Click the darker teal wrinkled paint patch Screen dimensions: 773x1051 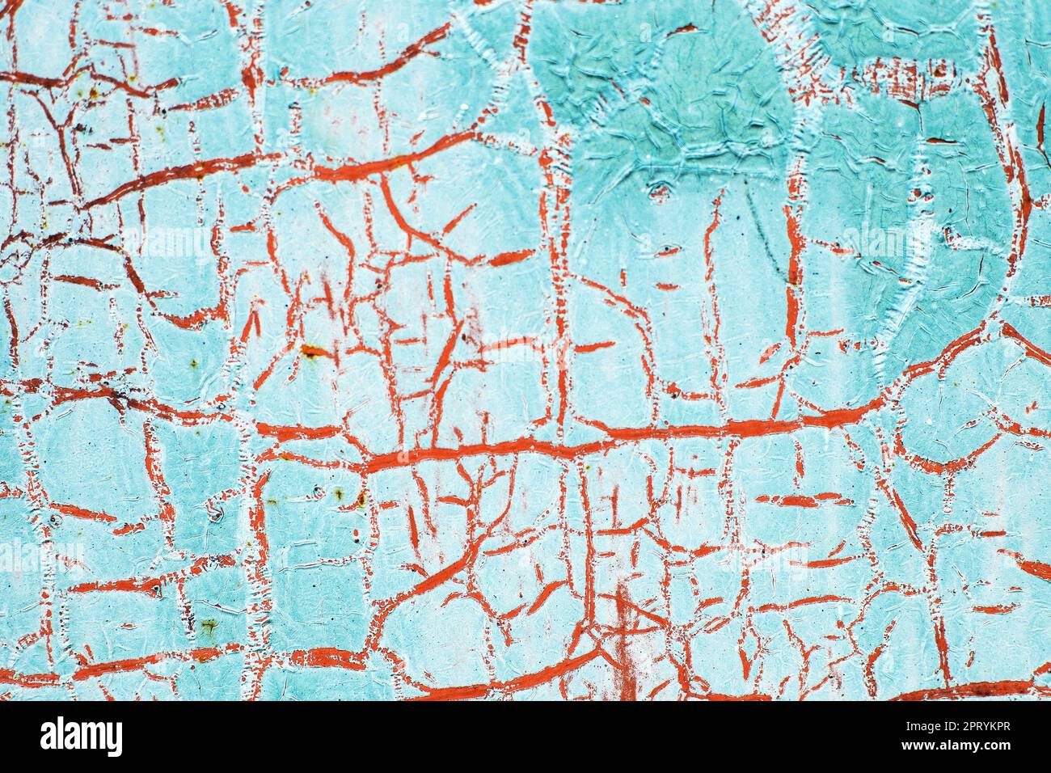[671, 97]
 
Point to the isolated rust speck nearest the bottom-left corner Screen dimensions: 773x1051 [209, 625]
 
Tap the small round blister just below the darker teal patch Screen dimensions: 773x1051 [659, 192]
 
